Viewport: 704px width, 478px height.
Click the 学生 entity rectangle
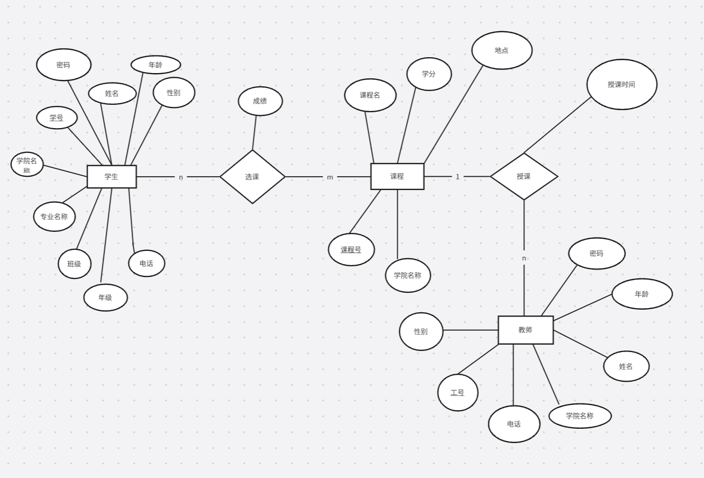(112, 177)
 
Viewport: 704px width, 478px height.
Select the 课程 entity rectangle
(397, 176)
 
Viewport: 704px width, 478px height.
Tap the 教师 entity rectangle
(525, 330)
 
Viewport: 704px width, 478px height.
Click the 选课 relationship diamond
(252, 177)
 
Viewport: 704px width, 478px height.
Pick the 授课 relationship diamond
(524, 176)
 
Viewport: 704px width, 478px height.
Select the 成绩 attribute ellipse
(260, 101)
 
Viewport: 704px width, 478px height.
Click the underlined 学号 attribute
(57, 118)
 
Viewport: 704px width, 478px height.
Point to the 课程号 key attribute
(351, 249)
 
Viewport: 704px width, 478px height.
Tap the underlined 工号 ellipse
(458, 392)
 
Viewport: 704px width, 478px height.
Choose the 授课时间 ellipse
(621, 85)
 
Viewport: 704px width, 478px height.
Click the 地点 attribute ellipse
(501, 50)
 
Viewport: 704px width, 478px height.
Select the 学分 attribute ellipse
(429, 74)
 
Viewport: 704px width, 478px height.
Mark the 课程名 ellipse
(370, 95)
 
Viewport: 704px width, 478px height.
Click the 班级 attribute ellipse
(75, 264)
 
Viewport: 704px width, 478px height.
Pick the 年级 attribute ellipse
(105, 297)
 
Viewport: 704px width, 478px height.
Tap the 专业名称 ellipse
(54, 217)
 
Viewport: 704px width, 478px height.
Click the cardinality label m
(330, 177)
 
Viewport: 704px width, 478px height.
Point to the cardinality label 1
(458, 177)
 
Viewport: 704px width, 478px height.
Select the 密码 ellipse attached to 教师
(597, 254)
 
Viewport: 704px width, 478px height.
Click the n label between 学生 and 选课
(181, 177)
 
